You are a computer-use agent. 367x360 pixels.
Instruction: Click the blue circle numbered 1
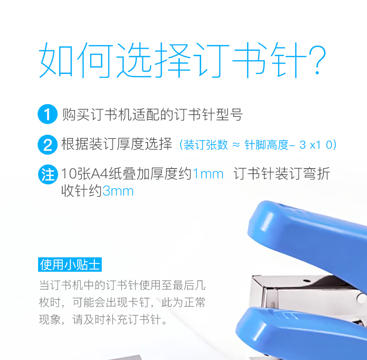point(47,114)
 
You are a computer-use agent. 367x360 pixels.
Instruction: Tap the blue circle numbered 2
point(47,144)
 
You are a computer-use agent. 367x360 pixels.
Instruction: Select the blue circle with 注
point(48,174)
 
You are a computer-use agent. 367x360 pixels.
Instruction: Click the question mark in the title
point(317,60)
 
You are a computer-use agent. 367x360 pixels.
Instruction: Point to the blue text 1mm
point(208,174)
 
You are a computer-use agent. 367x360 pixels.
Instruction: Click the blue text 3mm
point(118,191)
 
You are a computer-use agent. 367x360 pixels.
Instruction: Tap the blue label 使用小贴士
point(70,264)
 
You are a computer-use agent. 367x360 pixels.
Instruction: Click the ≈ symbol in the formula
point(236,145)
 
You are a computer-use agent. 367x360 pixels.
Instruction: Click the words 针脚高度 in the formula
point(266,144)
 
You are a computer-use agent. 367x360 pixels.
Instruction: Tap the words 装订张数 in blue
point(205,144)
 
